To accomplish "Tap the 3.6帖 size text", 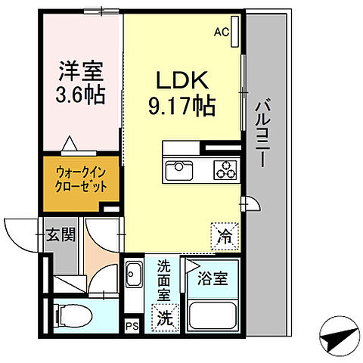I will [79, 95].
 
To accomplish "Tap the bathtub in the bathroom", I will [213, 313].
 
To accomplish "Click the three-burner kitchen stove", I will [225, 169].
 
